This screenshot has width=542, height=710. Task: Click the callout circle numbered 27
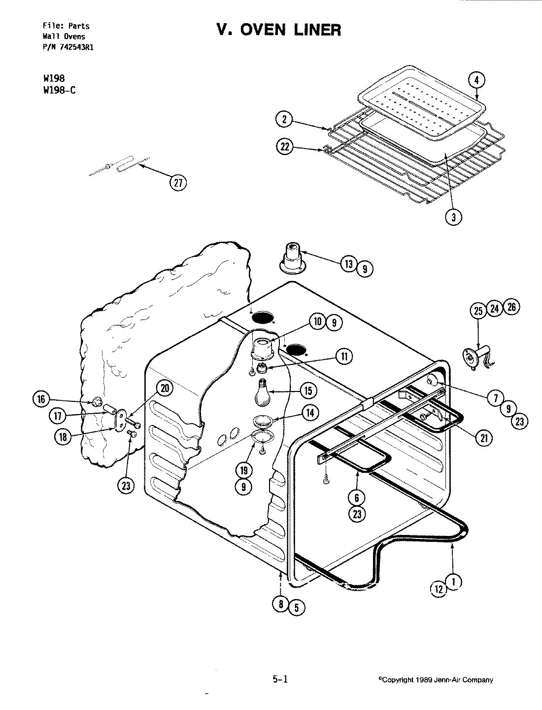point(179,183)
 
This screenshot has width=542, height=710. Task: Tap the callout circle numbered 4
point(477,80)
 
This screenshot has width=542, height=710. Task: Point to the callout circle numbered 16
point(41,399)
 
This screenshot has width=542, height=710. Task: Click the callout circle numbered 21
point(484,438)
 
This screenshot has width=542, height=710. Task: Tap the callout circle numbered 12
point(439,588)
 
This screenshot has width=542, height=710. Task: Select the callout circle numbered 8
point(280,605)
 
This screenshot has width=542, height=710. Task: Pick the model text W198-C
point(60,90)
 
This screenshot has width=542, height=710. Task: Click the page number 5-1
point(279,679)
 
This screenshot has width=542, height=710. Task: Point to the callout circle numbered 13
point(349,264)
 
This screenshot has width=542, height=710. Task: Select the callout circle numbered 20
point(165,389)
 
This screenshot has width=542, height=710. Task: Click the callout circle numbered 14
point(309,413)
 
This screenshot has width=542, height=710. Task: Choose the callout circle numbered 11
point(344,356)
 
